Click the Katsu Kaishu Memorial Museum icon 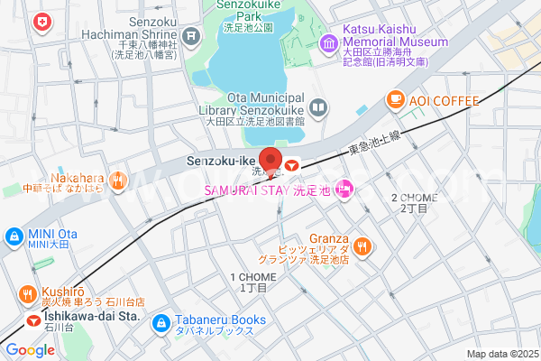(x=328, y=42)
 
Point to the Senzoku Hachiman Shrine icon (x=190, y=36)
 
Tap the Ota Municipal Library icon (x=317, y=109)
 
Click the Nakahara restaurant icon (x=118, y=182)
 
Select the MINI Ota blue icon (x=14, y=236)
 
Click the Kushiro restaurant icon (x=28, y=294)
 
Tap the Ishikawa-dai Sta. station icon (x=33, y=319)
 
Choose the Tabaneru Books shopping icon (x=161, y=321)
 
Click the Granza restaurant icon (x=362, y=245)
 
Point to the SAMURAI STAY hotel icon (x=343, y=189)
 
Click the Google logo (x=30, y=350)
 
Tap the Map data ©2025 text (x=501, y=354)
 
